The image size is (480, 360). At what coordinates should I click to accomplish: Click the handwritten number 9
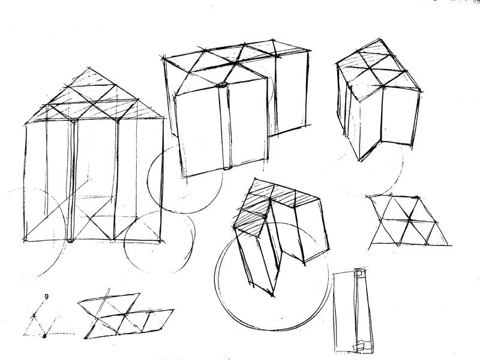[46, 296]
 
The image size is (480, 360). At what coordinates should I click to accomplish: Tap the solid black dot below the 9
[44, 336]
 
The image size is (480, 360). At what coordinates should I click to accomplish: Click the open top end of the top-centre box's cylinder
[223, 85]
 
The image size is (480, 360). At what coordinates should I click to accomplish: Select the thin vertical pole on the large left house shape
[71, 181]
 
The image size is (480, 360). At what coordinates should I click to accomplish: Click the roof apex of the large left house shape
[89, 68]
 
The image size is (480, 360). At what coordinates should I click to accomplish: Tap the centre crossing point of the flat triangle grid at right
[409, 219]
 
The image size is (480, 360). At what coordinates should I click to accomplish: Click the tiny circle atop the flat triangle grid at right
[391, 194]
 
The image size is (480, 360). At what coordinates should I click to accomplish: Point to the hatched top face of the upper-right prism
[378, 69]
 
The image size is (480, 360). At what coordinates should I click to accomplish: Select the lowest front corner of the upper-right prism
[359, 160]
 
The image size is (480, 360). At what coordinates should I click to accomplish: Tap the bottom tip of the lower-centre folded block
[272, 296]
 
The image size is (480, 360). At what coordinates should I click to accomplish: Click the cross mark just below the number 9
[34, 316]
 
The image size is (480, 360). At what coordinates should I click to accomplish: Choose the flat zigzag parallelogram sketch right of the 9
[125, 316]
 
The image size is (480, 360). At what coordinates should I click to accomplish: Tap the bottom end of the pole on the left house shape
[70, 241]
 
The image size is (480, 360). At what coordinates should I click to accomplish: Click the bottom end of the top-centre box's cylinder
[227, 168]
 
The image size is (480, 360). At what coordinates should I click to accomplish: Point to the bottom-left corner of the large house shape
[25, 241]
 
